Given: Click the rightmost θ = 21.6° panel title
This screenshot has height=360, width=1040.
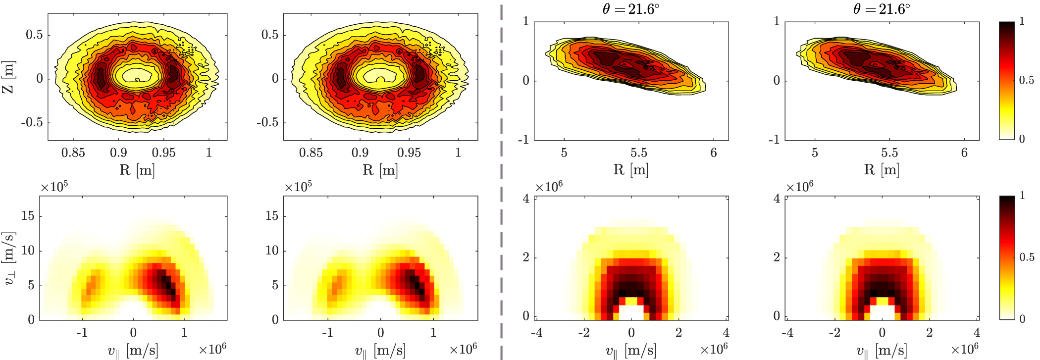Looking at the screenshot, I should click(x=882, y=9).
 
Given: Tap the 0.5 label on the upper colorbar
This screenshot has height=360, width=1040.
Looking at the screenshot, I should click(x=1026, y=80).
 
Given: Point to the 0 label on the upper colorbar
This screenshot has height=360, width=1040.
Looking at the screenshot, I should click(x=1022, y=139).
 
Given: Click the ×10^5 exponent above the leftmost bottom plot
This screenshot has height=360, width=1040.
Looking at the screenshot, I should click(x=54, y=187).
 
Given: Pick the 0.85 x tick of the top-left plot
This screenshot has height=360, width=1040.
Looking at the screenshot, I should click(x=73, y=153).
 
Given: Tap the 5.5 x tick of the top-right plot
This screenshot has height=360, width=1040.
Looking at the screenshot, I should click(x=889, y=153).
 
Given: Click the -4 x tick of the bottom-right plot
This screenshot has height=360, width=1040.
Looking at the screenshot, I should click(x=787, y=332).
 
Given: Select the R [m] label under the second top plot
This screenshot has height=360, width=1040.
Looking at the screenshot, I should click(x=380, y=170).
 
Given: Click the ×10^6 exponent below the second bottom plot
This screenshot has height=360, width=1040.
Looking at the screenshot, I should click(x=463, y=350).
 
